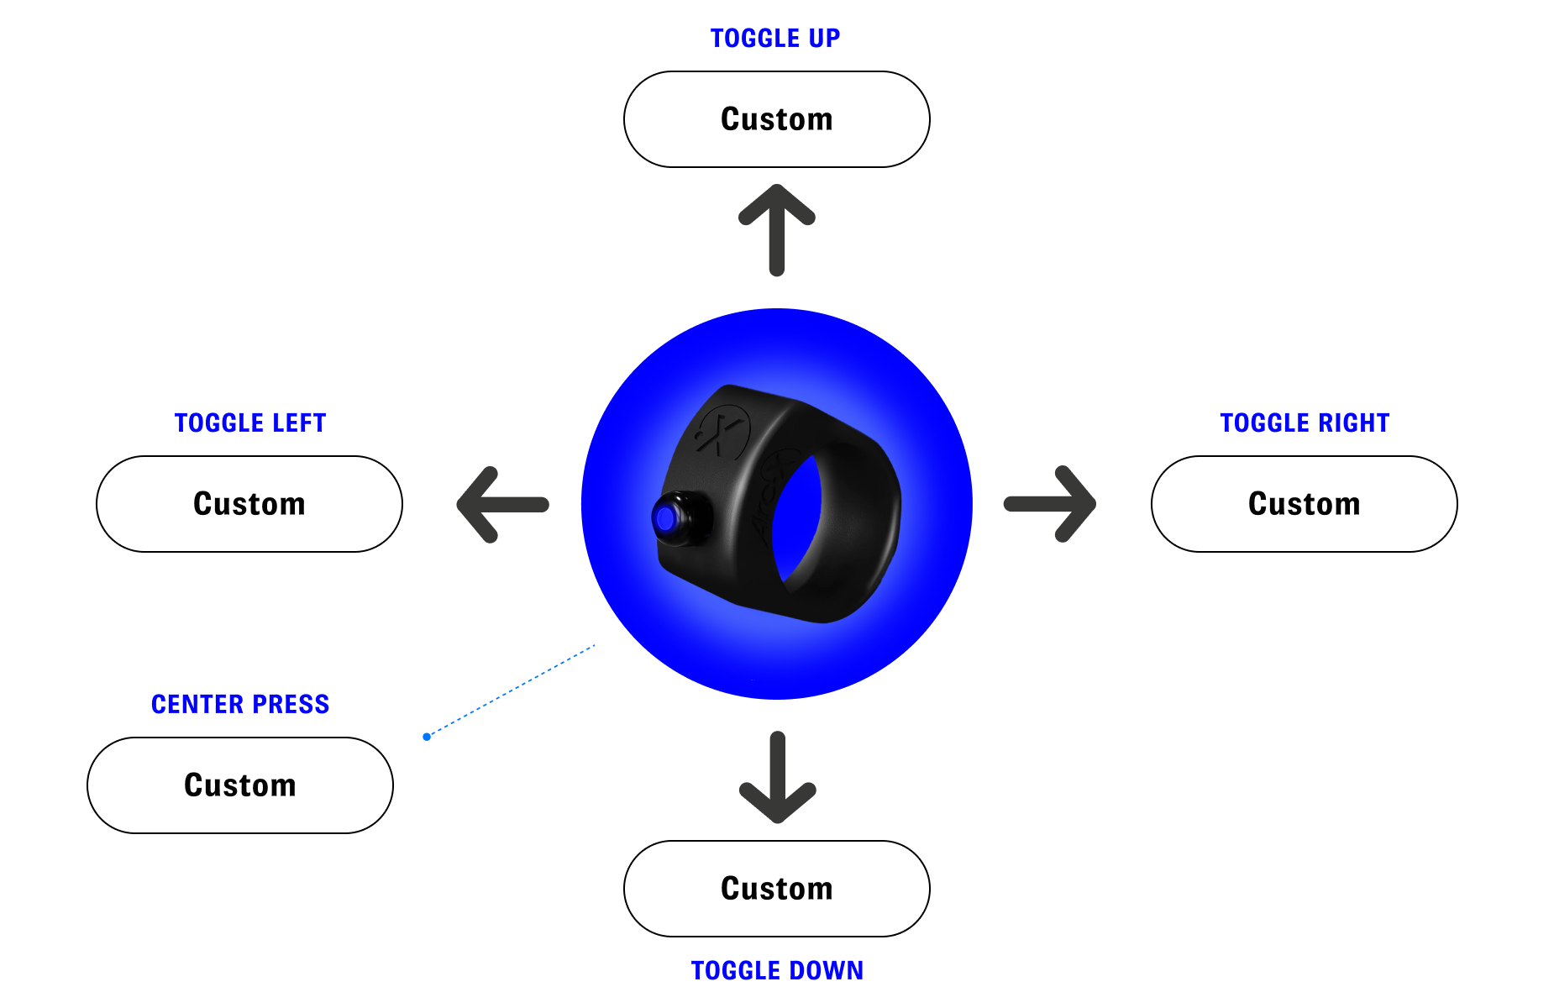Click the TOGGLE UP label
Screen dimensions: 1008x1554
point(774,39)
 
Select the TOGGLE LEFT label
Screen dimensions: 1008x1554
point(249,423)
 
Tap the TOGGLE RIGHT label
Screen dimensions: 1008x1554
point(1305,423)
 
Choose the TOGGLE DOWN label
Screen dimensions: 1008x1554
point(777,970)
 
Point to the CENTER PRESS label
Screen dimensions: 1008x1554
point(240,704)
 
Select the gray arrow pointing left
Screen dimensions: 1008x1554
point(502,504)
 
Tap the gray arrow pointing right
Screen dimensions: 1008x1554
point(1051,504)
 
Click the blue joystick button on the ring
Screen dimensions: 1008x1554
point(665,518)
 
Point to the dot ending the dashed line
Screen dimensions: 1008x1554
point(427,737)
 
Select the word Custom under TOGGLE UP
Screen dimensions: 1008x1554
point(777,121)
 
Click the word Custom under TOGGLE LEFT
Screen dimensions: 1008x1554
point(249,504)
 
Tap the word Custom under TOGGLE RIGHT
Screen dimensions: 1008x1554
point(1305,504)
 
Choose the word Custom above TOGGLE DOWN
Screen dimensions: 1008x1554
point(777,889)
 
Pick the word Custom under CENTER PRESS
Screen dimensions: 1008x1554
point(240,785)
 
